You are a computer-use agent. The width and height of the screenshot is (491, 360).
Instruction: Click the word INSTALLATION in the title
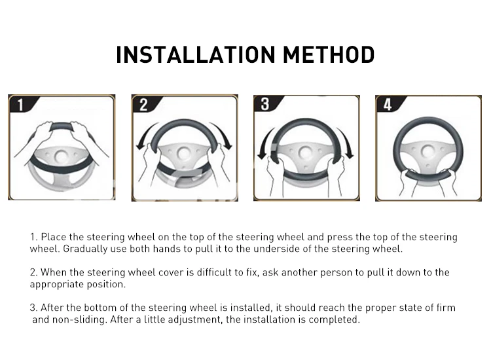coord(195,55)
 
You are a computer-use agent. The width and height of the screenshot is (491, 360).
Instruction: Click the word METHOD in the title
coord(329,55)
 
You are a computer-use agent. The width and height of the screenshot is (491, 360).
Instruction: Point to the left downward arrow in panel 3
coord(264,143)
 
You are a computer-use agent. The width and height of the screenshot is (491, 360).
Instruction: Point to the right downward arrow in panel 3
coord(347,143)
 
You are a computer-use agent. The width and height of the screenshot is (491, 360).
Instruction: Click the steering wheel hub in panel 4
coord(428,152)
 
